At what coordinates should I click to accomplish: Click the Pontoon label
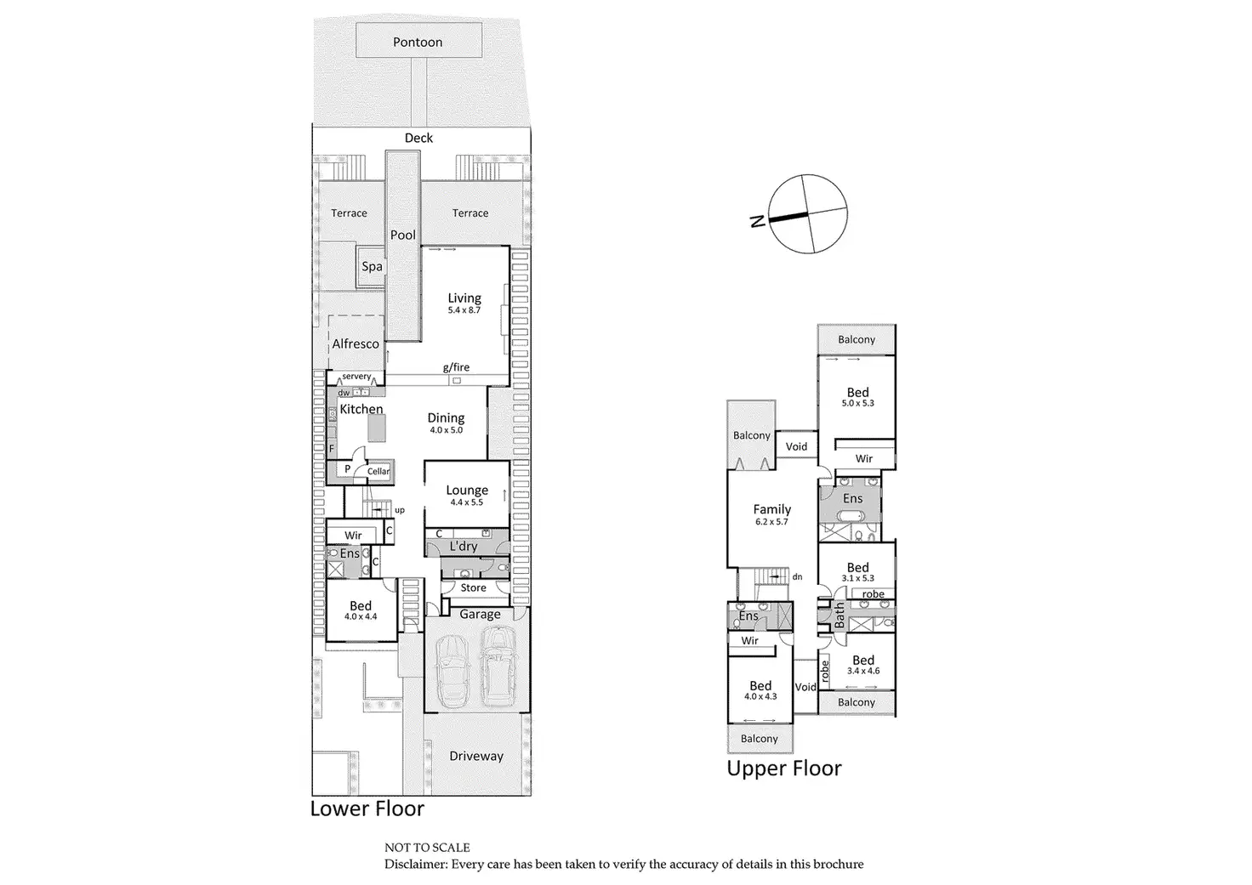[418, 42]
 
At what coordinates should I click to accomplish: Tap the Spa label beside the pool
[372, 266]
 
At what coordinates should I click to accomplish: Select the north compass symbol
[807, 213]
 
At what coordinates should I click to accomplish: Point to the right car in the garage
[498, 667]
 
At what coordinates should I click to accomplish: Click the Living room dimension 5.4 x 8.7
[464, 310]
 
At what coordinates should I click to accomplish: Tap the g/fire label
[456, 367]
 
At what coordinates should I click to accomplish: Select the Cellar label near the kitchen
[378, 471]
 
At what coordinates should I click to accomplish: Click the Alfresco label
[356, 343]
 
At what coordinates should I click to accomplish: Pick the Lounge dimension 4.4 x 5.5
[467, 502]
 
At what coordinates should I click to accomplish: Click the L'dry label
[464, 546]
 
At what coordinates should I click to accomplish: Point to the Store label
[474, 587]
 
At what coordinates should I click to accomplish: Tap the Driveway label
[476, 756]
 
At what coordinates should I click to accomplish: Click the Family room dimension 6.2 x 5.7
[771, 522]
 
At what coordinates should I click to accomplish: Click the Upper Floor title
[784, 769]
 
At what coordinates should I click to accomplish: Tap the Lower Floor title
[367, 808]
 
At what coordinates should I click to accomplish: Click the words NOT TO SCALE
[427, 848]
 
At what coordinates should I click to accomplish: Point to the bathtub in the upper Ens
[851, 519]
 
